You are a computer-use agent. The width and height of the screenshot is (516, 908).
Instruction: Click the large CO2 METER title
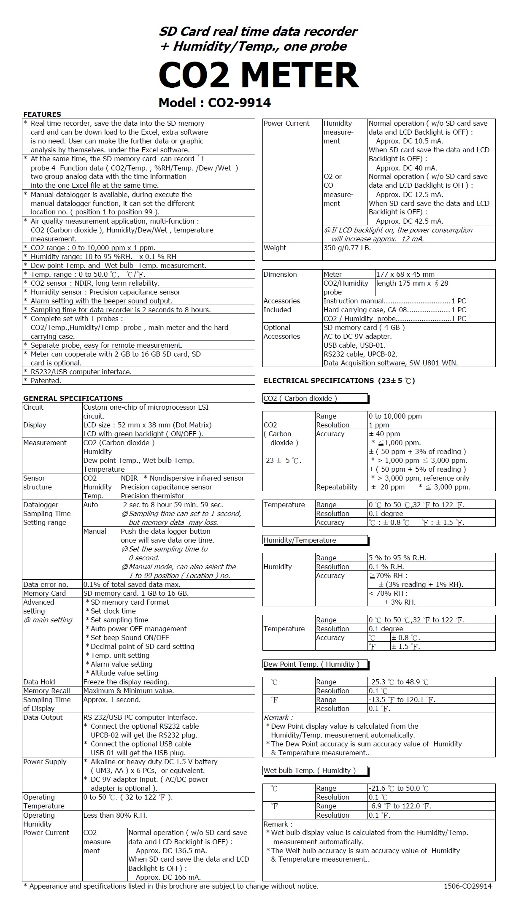[258, 75]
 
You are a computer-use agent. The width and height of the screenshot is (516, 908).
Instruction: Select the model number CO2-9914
[240, 103]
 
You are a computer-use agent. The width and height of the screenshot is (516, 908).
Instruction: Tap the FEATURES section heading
[42, 114]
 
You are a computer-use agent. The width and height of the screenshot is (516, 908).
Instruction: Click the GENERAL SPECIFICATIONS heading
[73, 398]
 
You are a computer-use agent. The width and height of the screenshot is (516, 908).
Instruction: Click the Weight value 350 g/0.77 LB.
[347, 248]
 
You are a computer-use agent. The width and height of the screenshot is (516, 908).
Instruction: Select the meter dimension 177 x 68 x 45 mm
[405, 274]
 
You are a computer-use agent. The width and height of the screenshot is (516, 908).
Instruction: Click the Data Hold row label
[39, 682]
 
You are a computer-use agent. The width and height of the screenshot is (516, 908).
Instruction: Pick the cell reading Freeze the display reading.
[126, 682]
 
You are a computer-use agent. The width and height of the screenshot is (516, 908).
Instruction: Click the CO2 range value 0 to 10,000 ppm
[395, 416]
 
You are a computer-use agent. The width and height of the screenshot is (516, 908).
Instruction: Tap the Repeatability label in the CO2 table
[337, 487]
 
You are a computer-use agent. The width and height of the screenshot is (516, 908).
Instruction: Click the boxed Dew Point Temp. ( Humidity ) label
[311, 664]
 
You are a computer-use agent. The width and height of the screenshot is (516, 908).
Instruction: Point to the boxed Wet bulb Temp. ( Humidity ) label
[310, 770]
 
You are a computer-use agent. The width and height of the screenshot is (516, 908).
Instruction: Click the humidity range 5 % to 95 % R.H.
[397, 558]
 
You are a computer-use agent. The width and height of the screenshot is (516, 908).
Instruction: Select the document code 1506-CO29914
[467, 886]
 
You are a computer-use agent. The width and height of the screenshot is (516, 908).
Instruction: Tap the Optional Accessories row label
[281, 332]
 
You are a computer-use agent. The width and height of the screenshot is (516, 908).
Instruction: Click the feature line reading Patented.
[46, 381]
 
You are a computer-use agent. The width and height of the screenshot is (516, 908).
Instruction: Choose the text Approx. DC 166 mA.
[168, 877]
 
